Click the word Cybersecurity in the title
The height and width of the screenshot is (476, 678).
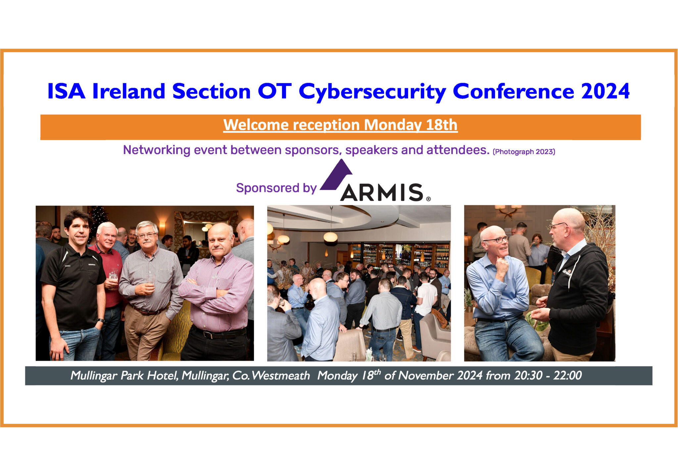[373, 91]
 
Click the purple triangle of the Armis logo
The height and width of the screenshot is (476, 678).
[336, 175]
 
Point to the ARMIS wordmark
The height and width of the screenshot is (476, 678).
[382, 193]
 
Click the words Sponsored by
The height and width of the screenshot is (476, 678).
[276, 188]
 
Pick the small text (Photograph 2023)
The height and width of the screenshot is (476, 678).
[524, 152]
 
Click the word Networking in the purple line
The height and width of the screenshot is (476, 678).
[156, 150]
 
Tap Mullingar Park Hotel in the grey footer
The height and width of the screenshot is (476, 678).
[124, 376]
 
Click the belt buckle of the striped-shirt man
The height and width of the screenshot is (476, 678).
[207, 335]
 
